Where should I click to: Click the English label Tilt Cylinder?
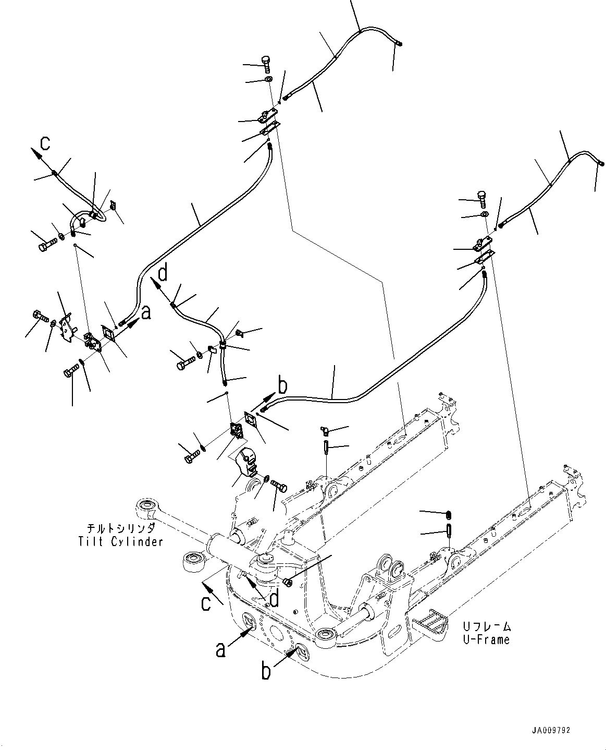120,541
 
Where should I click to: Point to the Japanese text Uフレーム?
487,626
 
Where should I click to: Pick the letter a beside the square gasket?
146,312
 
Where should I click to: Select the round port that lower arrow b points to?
302,650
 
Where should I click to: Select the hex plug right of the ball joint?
286,580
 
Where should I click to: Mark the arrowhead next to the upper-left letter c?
38,153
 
